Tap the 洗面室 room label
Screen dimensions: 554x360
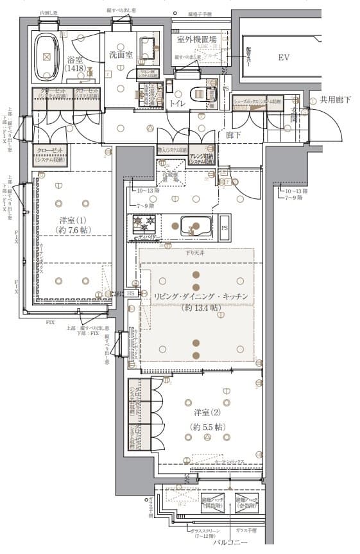(x=120, y=55)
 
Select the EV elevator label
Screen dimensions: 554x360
(x=284, y=58)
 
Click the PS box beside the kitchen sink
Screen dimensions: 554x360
(x=224, y=227)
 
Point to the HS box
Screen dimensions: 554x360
(x=131, y=293)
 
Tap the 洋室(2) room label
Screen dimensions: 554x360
(x=207, y=412)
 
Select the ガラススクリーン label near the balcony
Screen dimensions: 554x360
(x=204, y=530)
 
